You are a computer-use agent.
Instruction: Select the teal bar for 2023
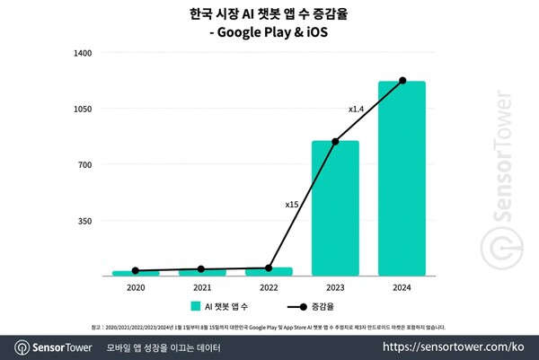(x=335, y=207)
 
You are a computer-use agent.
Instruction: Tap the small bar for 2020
(x=135, y=272)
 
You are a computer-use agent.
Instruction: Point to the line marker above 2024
(x=402, y=81)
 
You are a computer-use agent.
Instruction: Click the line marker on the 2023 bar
(x=335, y=142)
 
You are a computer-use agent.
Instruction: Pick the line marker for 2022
(x=269, y=268)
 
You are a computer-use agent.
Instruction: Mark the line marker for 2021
(x=201, y=269)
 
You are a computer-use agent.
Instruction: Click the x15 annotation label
(x=292, y=205)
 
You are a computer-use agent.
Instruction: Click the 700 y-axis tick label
(x=86, y=164)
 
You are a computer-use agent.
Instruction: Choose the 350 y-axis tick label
(x=86, y=220)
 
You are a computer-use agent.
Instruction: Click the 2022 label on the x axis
(x=269, y=287)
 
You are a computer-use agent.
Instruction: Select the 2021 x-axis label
(x=201, y=287)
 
